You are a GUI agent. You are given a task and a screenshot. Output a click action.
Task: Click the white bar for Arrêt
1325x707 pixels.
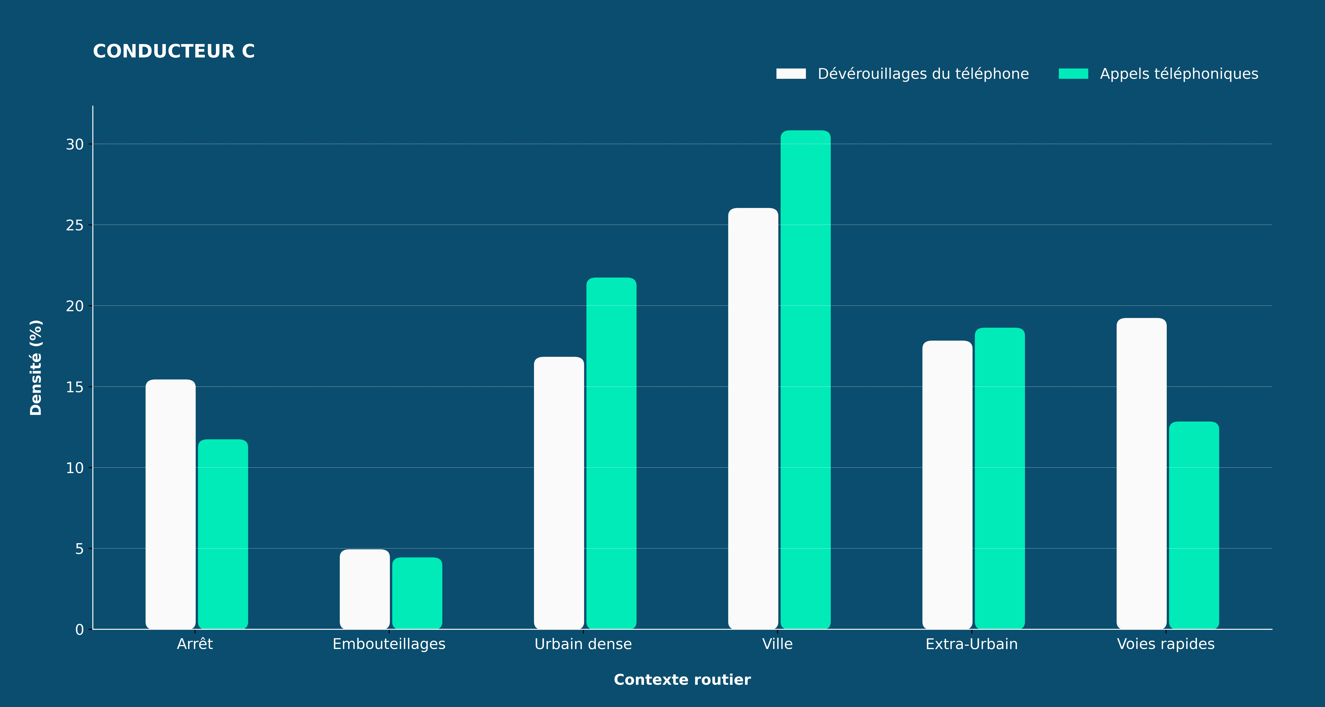170,504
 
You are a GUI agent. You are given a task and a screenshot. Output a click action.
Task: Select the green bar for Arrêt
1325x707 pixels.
223,534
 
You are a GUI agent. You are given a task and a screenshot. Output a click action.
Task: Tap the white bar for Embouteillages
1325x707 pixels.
365,589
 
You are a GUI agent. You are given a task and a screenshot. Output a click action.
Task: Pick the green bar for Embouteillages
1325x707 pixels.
417,593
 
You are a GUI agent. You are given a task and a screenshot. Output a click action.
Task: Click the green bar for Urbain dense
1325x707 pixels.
611,453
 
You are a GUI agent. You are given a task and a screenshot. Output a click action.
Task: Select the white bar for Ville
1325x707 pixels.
753,418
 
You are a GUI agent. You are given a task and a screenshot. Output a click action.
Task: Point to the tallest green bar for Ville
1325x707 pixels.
805,380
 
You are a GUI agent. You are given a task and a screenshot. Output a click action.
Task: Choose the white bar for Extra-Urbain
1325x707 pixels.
948,485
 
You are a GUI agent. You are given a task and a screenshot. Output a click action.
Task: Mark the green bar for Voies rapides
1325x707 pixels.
1194,525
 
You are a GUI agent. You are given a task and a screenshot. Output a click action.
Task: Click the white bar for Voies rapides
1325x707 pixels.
1141,473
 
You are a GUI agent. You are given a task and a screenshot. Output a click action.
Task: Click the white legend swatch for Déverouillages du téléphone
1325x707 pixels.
791,74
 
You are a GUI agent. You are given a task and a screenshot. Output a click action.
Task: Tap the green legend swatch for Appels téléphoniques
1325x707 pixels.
1074,74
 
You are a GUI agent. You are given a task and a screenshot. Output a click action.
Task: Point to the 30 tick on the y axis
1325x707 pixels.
91,144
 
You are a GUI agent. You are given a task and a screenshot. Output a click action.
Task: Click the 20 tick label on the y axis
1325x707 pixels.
75,306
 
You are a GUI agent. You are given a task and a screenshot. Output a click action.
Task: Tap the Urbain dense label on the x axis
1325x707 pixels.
583,644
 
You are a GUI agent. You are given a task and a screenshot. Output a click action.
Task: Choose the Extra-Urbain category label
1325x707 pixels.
972,644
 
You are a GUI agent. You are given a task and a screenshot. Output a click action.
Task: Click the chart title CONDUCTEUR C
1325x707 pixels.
174,51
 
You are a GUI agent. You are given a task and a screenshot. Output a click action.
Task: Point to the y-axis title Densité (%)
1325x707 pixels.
35,367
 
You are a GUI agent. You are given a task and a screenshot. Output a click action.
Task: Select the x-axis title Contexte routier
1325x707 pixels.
682,680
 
